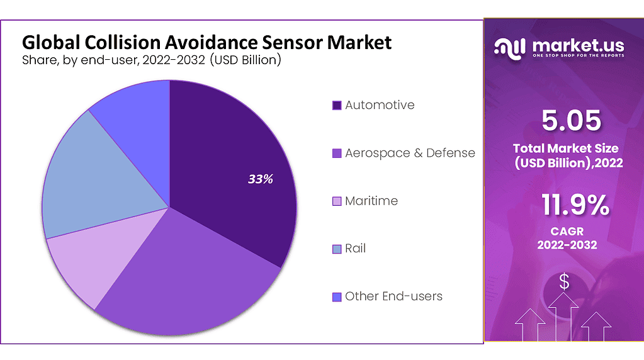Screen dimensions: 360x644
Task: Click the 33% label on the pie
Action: point(260,179)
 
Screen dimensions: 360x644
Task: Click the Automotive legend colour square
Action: point(337,106)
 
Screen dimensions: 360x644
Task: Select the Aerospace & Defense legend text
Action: point(410,153)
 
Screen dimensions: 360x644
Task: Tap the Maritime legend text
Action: point(371,201)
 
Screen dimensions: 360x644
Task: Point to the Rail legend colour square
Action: point(337,249)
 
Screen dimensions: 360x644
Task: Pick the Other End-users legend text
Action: point(393,296)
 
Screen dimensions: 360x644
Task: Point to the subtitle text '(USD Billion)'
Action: point(245,61)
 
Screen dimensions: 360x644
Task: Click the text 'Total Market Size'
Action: point(565,149)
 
